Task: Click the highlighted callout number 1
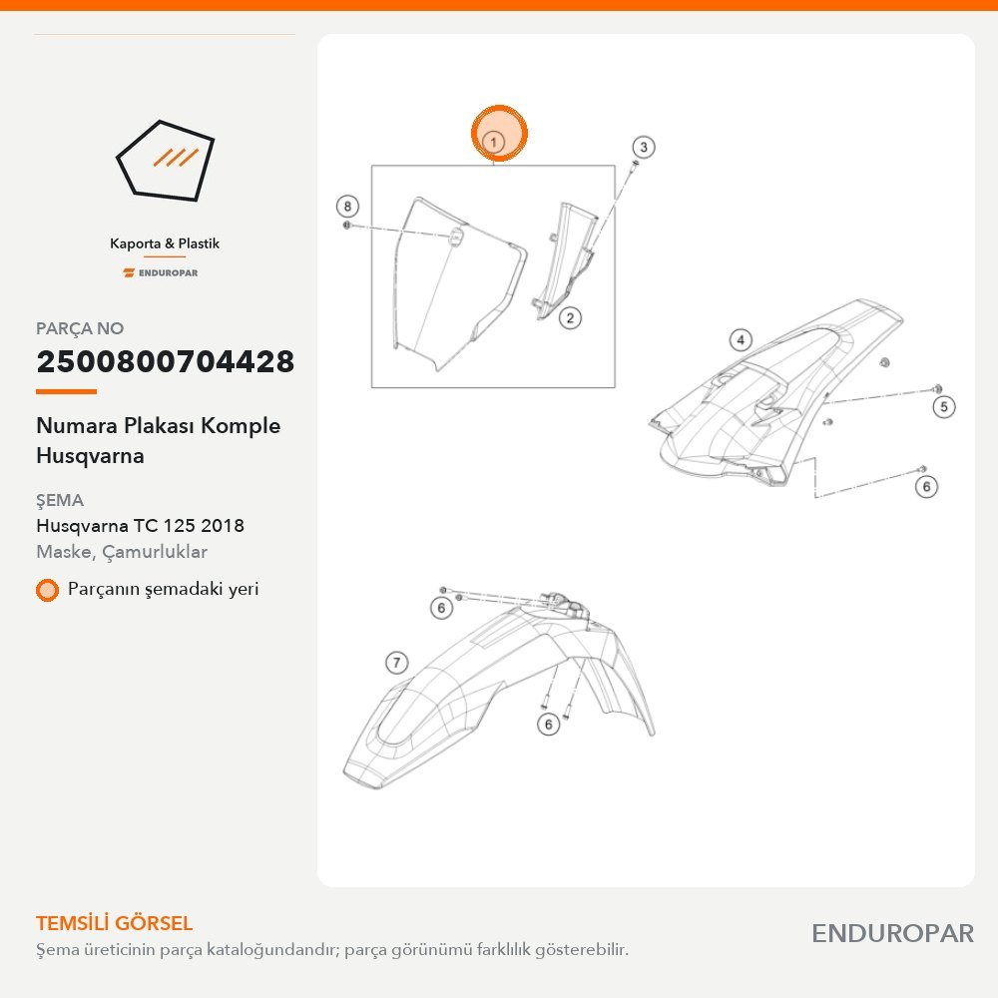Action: point(494,142)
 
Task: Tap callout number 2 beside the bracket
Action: point(570,317)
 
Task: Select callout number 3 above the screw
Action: point(644,147)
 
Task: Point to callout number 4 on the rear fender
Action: point(741,340)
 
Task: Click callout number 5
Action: point(944,407)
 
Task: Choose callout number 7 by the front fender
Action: point(396,663)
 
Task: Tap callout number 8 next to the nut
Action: point(347,207)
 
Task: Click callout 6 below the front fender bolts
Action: point(548,724)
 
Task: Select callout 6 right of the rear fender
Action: point(926,487)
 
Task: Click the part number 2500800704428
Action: point(166,361)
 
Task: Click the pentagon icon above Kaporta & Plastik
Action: point(165,161)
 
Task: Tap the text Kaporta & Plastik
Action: point(165,244)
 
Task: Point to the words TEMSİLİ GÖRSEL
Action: point(114,923)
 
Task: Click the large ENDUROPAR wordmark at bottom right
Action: point(892,934)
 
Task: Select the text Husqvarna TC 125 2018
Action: point(140,525)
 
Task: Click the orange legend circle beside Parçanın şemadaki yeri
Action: point(47,590)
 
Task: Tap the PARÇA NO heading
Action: point(80,328)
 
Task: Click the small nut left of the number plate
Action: point(347,226)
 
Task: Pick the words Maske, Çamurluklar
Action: point(122,551)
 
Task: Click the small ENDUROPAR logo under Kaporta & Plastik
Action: point(161,273)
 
